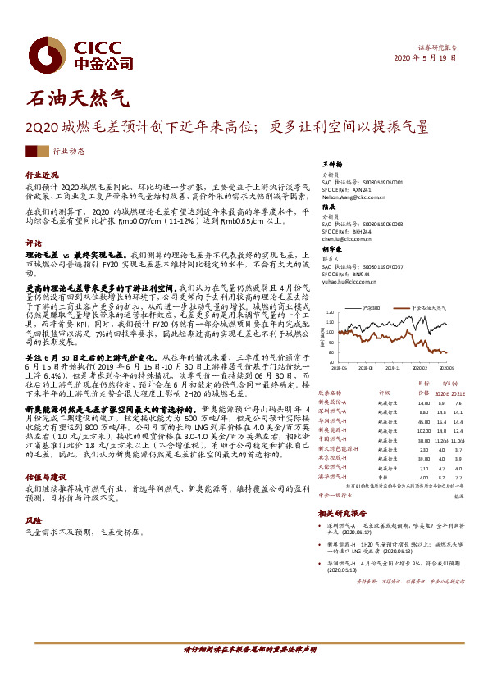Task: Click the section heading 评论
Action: [x=34, y=243]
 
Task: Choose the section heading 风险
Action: [x=34, y=520]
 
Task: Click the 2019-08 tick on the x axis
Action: [x=364, y=368]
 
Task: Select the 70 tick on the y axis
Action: [x=330, y=361]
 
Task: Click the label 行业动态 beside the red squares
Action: [x=69, y=152]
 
